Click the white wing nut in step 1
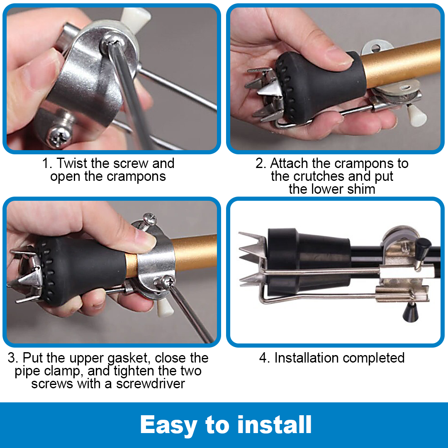[134, 18]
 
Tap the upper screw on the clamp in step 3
[150, 220]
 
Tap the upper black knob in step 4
[423, 246]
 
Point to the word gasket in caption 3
[128, 358]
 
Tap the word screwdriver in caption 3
[151, 384]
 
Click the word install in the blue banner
[274, 425]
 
